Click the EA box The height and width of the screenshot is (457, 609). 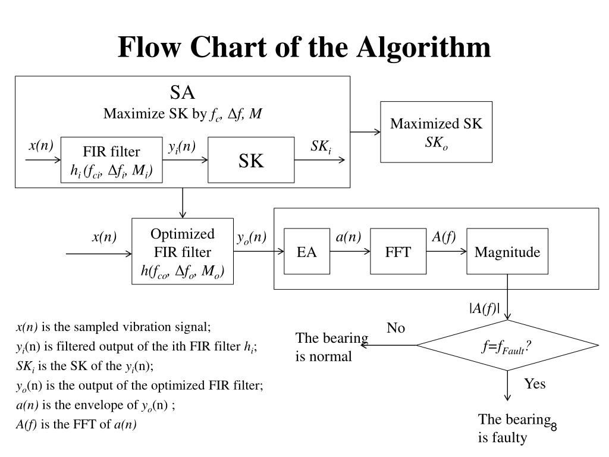coord(307,252)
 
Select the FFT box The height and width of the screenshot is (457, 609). coord(398,252)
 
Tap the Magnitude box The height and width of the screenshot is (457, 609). coord(507,252)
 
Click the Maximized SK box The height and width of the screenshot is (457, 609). coord(437,132)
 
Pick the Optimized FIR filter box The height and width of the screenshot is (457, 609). coord(183,252)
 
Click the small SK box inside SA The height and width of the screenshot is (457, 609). coord(251,160)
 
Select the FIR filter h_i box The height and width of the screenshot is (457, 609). coord(112,160)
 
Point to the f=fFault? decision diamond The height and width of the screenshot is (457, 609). coord(507,345)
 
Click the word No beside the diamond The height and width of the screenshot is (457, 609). coord(395,328)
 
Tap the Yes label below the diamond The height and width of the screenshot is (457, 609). coord(535,384)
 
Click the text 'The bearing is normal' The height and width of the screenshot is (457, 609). coord(332,347)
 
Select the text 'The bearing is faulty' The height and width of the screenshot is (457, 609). coord(513,428)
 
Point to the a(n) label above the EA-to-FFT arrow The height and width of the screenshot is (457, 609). coord(348,237)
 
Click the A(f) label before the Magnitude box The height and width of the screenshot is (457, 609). coord(444,237)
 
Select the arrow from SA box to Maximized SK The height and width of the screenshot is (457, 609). coord(365,132)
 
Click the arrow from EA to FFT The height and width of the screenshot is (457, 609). coord(350,252)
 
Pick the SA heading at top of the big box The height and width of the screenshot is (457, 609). coord(183,93)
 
